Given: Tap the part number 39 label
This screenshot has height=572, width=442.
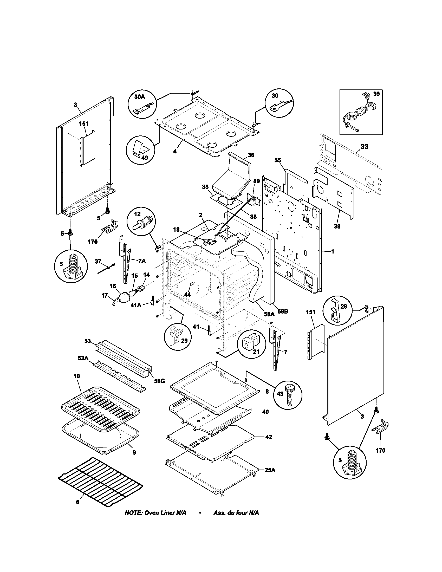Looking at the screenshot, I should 376,94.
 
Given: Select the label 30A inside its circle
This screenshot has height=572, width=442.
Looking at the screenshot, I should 139,97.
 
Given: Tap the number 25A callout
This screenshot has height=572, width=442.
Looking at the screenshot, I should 270,470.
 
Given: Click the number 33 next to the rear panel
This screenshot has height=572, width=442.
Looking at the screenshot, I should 364,147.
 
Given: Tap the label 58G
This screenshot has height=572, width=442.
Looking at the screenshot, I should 159,381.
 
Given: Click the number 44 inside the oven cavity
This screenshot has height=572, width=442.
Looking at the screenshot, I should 187,294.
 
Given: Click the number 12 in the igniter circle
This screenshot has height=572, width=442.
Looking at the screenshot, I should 137,214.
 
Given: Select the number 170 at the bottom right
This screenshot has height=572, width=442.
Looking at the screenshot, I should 380,450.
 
